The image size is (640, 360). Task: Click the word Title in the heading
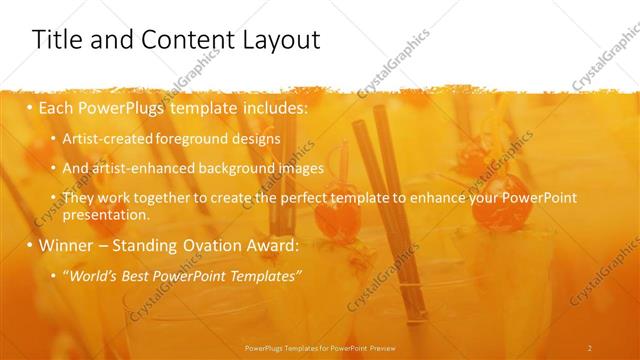pyautogui.click(x=57, y=40)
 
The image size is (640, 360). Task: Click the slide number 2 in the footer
pyautogui.click(x=589, y=347)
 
